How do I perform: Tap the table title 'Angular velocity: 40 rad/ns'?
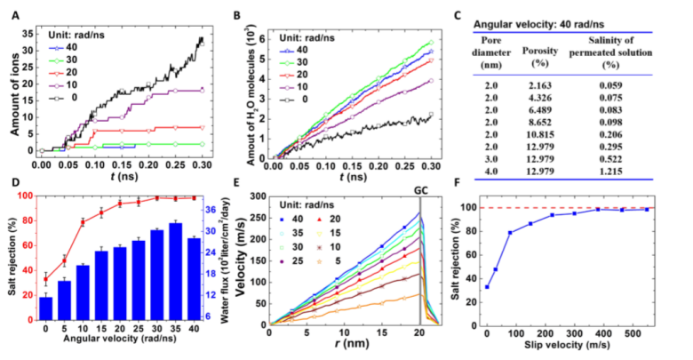[532, 27]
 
